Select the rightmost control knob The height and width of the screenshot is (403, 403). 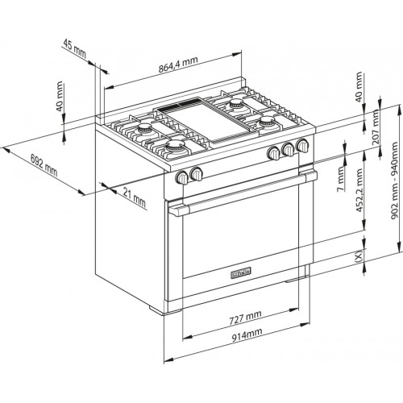click(302, 146)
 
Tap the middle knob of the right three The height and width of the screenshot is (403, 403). click(288, 149)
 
